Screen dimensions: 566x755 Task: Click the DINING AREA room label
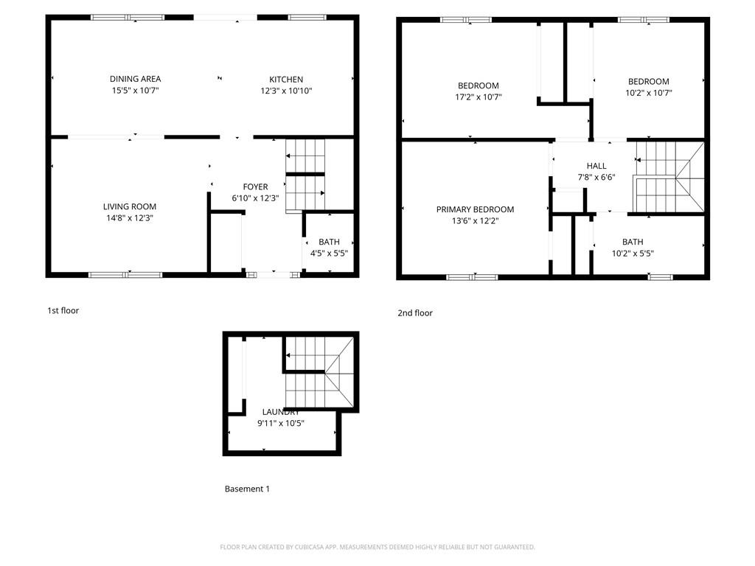135,79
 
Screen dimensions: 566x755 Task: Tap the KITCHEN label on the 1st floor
286,80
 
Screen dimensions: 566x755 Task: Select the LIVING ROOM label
130,207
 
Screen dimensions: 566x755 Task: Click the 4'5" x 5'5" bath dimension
328,254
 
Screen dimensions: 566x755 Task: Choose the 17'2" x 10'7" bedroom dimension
479,97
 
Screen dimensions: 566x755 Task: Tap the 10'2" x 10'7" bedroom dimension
648,93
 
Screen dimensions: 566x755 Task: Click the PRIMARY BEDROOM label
475,209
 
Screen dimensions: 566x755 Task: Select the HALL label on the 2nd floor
596,166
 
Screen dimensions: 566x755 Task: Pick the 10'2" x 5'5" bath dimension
633,254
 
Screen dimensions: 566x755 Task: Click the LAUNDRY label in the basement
281,412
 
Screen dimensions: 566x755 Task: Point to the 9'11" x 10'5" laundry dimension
281,423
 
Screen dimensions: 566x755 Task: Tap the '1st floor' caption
63,310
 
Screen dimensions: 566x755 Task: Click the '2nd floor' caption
415,313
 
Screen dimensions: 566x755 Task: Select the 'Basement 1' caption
247,489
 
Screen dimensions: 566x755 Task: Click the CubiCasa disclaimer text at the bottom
377,547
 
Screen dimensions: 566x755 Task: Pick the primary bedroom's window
472,277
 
